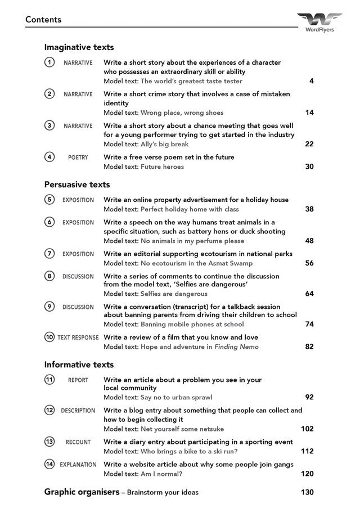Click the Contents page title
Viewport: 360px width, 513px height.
(43, 20)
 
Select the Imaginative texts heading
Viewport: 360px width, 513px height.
(79, 47)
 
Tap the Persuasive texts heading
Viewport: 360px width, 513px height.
(77, 184)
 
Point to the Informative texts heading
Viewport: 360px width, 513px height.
(79, 364)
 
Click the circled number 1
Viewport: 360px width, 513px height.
(49, 62)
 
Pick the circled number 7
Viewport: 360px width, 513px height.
(49, 254)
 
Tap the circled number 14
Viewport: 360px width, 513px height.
(49, 464)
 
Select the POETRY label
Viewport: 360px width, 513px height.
(78, 157)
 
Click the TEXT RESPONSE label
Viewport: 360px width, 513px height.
(78, 337)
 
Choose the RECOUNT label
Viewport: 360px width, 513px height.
(78, 442)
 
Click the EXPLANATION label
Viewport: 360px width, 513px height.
(78, 465)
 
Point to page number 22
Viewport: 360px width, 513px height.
(309, 144)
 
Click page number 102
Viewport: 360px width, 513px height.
(307, 429)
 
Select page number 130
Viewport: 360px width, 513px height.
(307, 492)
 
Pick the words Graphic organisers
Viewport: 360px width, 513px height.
(82, 492)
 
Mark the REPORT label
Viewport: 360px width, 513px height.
(78, 380)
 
